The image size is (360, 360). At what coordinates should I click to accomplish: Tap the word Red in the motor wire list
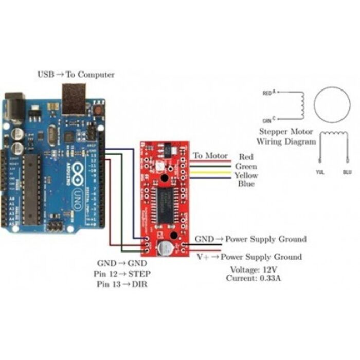[246, 156]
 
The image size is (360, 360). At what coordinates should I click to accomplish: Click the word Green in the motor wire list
[246, 166]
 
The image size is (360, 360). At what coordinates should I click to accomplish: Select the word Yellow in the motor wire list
[246, 175]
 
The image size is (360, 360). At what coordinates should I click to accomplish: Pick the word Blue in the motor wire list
[246, 184]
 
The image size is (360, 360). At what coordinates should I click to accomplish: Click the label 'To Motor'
[210, 156]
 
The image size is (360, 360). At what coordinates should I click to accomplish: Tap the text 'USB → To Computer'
[76, 75]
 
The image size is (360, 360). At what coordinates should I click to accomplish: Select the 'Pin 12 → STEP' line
[122, 273]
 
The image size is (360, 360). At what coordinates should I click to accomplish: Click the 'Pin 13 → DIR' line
[121, 284]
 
